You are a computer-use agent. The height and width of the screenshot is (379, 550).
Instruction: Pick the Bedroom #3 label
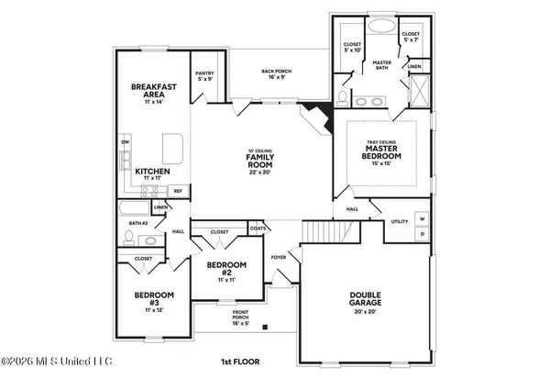coord(143,298)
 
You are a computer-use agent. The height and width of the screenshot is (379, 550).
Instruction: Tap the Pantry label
coord(204,74)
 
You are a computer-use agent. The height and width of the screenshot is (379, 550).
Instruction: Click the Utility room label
coord(400,221)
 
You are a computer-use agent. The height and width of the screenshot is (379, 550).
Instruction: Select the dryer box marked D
coord(423,234)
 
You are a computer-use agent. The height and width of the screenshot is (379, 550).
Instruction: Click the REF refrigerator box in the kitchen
coord(178,191)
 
